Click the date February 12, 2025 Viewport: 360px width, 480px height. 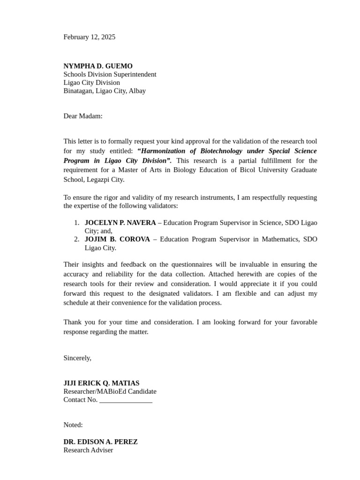[89, 37]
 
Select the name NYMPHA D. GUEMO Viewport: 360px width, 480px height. [98, 66]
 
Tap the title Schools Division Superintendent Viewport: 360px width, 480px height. [110, 75]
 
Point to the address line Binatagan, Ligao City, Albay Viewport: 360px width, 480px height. [105, 91]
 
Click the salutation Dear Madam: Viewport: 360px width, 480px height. [82, 116]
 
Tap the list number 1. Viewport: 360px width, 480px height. [76, 223]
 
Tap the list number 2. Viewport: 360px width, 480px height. [76, 239]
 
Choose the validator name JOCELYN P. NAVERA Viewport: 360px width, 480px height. [120, 223]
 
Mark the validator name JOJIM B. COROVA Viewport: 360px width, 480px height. [117, 239]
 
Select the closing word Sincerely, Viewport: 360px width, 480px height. [77, 358]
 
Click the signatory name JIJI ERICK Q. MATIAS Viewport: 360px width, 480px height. [101, 383]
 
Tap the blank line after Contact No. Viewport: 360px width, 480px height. [126, 400]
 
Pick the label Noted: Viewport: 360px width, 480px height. [73, 425]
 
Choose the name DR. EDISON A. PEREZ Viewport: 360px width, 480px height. [100, 442]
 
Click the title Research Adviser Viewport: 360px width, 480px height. [88, 450]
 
